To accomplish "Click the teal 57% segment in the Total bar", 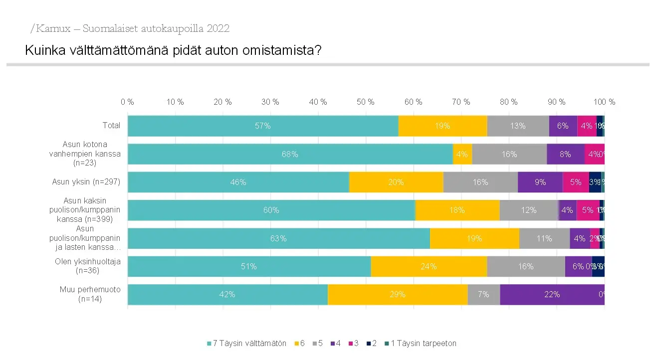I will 263,126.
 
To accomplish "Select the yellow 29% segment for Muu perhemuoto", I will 398,295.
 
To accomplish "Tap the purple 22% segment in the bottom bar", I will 552,295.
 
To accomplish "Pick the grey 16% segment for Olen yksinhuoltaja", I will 526,267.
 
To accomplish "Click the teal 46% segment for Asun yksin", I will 238,182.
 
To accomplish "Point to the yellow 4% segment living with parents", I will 462,155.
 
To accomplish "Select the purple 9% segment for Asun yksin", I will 540,182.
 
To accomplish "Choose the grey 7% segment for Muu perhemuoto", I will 483,295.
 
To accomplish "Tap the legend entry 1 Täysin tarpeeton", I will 423,344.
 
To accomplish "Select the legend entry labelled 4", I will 337,344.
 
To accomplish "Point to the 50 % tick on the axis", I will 366,102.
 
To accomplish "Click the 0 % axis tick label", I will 127,102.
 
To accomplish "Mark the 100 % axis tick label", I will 604,102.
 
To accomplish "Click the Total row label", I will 111,126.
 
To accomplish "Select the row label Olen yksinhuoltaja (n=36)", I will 88,266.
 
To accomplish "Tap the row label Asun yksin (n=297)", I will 86,182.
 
